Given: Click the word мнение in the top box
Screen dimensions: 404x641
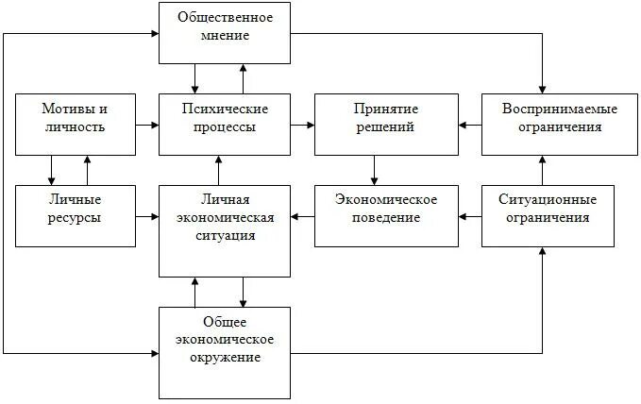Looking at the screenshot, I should [x=225, y=37].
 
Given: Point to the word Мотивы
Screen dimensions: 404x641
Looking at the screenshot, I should [x=65, y=109].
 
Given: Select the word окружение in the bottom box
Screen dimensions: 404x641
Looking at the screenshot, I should [x=225, y=358].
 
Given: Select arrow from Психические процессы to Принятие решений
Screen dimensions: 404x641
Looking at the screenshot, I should [x=302, y=124].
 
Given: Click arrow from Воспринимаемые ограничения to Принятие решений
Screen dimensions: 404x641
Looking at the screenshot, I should [x=470, y=124].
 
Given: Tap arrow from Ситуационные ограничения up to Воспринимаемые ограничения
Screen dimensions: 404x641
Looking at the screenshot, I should [x=543, y=170].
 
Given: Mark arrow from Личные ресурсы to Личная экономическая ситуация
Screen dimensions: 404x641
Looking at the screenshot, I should [x=146, y=217].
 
